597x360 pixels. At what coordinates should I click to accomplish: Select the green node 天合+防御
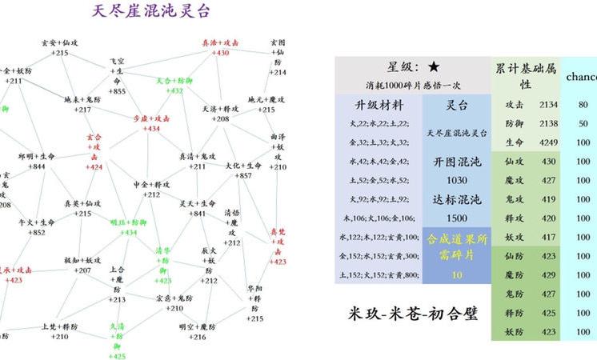tap(174, 85)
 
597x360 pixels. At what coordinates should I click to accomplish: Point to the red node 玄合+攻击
tap(94, 152)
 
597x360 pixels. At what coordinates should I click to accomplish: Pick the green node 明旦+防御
tap(128, 227)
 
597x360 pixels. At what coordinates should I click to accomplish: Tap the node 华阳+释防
tap(255, 303)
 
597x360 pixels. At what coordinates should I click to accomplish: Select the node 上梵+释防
tap(60, 331)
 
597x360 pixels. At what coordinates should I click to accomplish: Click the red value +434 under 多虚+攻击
tap(151, 129)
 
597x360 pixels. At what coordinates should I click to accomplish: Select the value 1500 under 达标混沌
tap(456, 218)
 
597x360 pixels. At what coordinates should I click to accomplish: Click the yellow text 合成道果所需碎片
tap(455, 246)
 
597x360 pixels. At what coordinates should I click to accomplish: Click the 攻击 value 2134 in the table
tap(548, 105)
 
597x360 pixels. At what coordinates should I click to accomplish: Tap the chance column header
tap(581, 77)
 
